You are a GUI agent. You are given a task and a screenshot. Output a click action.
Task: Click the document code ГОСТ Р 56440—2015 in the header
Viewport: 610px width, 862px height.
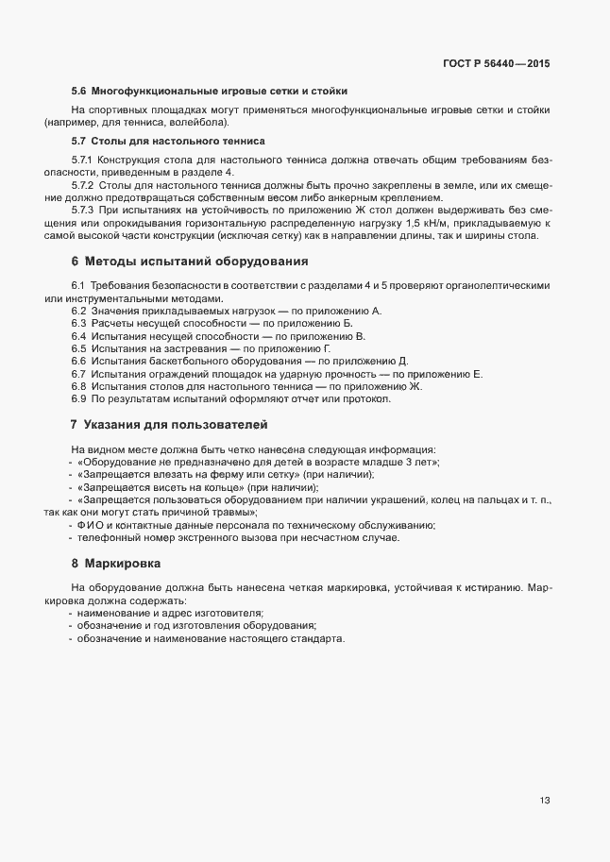coord(496,64)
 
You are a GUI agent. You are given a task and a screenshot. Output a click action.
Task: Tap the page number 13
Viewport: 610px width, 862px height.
coord(545,801)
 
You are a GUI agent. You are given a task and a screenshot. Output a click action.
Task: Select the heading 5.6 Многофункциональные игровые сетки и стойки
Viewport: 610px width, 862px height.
coord(210,92)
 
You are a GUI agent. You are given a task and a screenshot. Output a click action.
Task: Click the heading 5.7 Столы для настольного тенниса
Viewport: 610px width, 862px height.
coord(168,141)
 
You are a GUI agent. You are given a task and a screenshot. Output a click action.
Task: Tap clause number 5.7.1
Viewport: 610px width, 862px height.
coord(82,160)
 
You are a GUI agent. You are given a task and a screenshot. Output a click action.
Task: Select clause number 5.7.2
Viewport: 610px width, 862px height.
coord(82,186)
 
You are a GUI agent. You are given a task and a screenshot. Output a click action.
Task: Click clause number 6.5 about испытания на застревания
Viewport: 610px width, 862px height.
coord(79,348)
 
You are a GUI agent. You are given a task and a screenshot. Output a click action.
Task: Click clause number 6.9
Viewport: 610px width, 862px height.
coord(79,398)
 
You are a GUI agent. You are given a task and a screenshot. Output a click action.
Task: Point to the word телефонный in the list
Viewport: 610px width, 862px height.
coord(110,537)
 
